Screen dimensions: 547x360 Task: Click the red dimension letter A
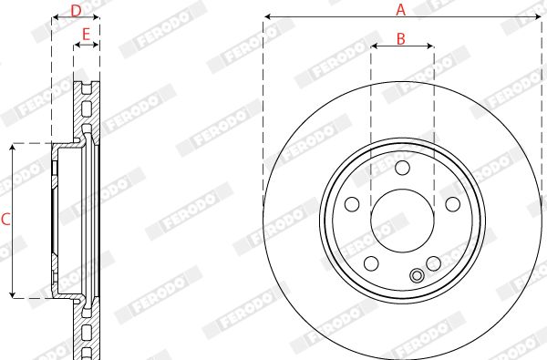point(401,9)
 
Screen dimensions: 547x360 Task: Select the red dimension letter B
point(401,38)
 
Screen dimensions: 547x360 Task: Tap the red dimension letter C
point(5,220)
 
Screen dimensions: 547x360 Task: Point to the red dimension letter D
point(76,10)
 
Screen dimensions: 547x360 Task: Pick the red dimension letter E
point(86,35)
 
